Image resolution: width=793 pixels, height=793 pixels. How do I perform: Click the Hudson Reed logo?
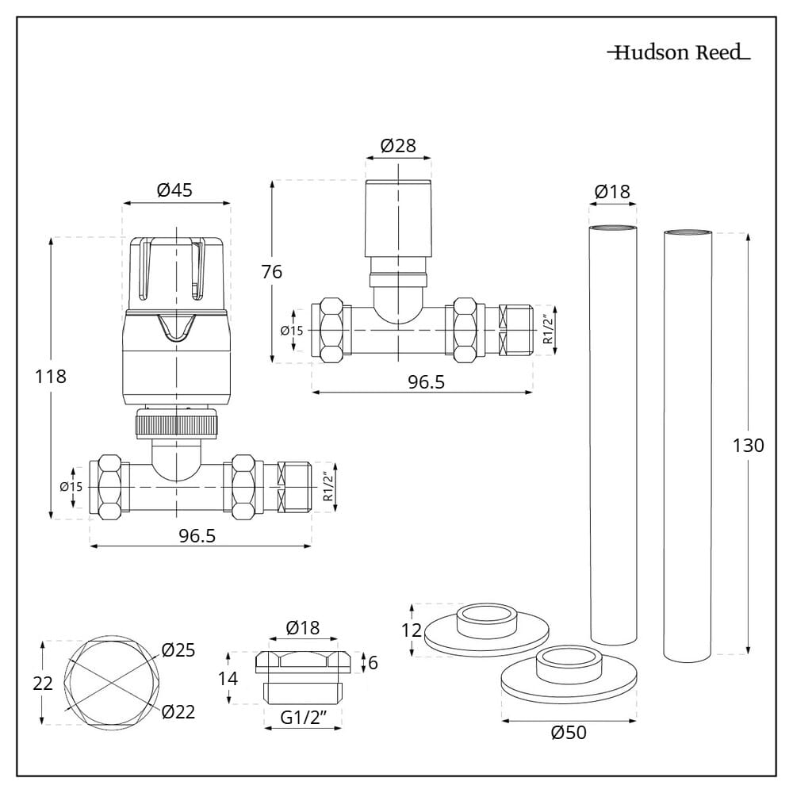tap(679, 53)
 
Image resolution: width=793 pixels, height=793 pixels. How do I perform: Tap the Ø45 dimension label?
tap(174, 190)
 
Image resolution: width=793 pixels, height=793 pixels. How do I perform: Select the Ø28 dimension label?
tap(398, 146)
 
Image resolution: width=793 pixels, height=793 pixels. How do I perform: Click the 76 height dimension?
tap(271, 271)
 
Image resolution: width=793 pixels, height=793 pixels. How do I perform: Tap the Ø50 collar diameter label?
tap(569, 733)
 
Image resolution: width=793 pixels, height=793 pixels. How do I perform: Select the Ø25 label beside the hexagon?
tap(178, 650)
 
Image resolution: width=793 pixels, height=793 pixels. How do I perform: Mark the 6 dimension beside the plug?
tap(373, 661)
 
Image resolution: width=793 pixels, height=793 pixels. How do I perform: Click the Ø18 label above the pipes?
tap(611, 191)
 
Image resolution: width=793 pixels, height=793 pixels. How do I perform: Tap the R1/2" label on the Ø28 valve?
tap(546, 328)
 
